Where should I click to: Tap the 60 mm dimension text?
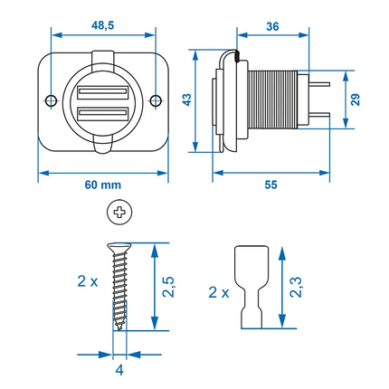coord(97,184)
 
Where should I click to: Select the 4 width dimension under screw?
coord(119,369)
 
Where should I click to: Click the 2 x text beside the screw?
coord(88,282)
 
